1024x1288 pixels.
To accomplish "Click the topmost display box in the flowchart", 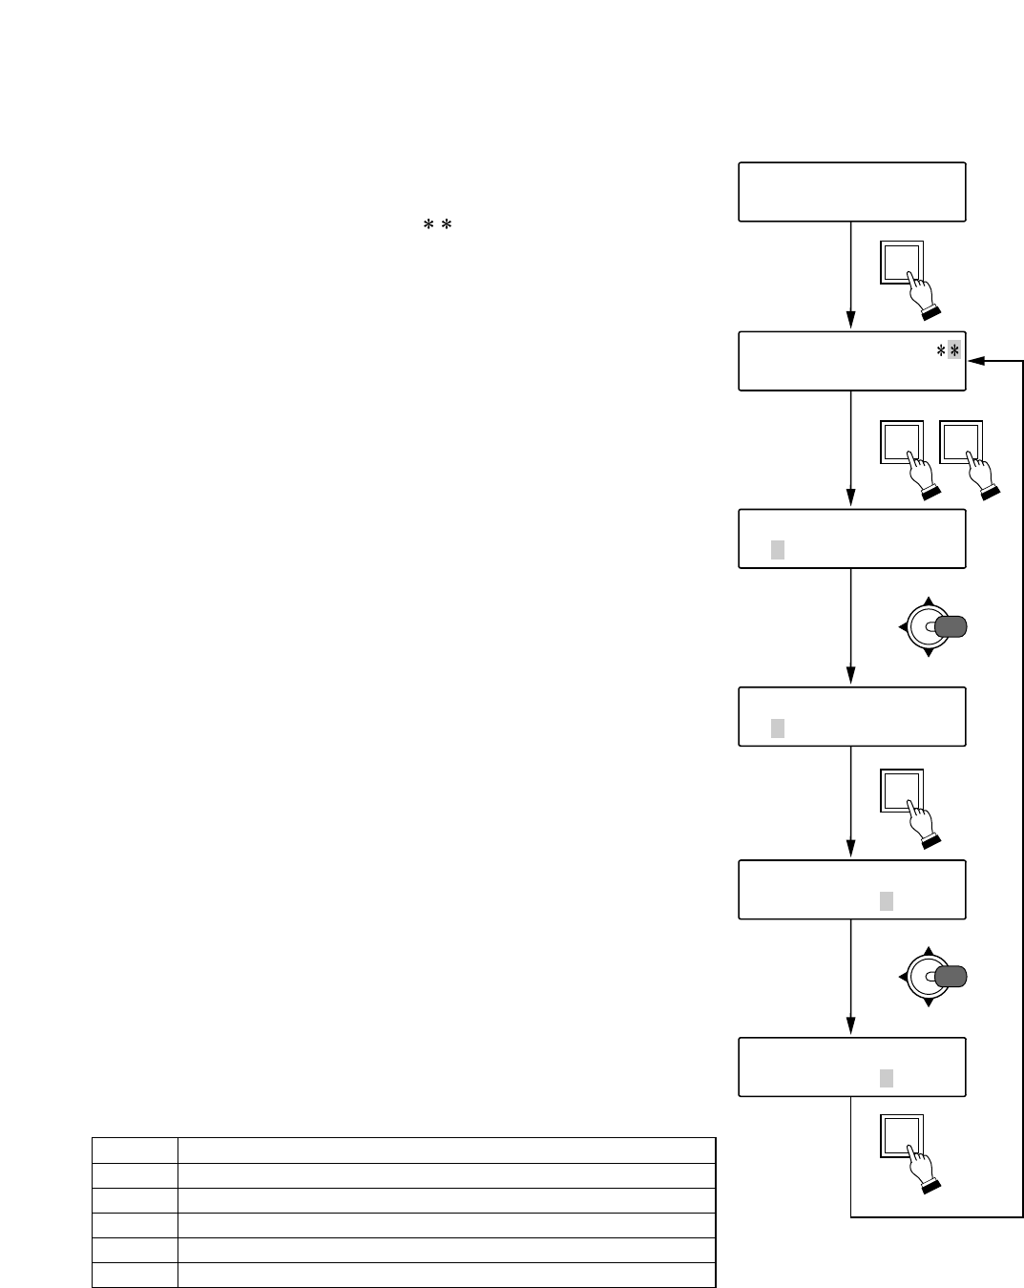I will coord(851,192).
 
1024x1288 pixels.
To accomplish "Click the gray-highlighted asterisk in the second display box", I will coord(954,351).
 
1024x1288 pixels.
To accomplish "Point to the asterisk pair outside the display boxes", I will coord(436,224).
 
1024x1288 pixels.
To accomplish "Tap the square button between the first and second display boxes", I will coord(902,263).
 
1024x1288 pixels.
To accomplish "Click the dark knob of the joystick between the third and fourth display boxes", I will coord(951,626).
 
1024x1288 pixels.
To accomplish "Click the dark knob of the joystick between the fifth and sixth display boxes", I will coord(951,976).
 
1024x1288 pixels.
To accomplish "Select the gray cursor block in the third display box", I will coord(778,550).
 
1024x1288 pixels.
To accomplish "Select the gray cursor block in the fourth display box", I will coord(778,728).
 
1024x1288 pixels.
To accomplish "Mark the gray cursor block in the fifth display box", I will coord(887,900).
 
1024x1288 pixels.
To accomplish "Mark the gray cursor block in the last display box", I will coord(887,1078).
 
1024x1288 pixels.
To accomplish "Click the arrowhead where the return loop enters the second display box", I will coord(974,361).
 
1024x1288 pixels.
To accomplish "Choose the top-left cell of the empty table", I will coord(135,1150).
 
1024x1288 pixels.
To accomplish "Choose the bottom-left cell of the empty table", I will coord(135,1275).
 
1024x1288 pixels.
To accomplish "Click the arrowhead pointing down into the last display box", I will coord(850,1028).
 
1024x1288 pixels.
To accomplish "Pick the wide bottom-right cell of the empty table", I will coord(447,1275).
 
